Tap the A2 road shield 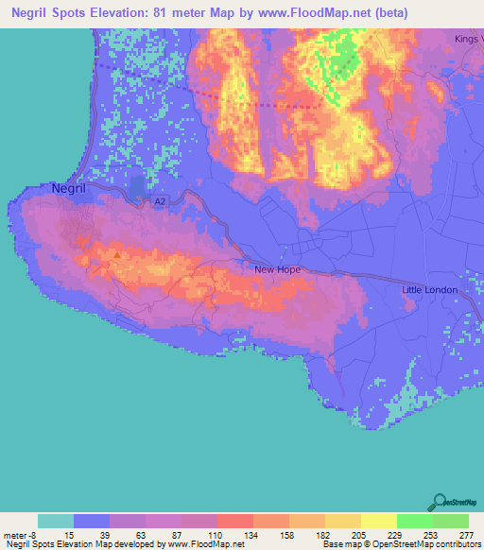tap(161, 201)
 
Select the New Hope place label tap(277, 269)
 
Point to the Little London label tap(429, 289)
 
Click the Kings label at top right tap(467, 39)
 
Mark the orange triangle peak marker tap(117, 253)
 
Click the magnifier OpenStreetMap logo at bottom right tap(441, 502)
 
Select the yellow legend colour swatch tap(378, 521)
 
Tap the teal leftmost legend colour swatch tap(56, 521)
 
